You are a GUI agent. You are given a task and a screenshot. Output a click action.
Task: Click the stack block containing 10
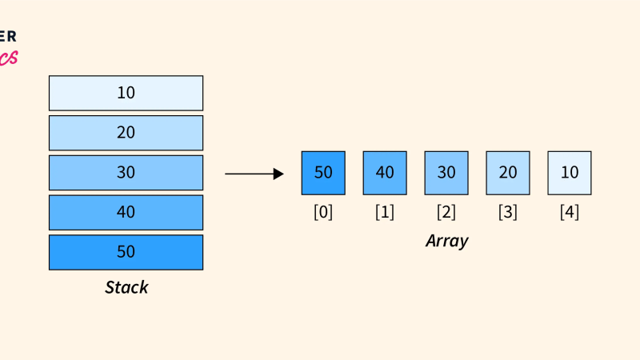click(x=126, y=93)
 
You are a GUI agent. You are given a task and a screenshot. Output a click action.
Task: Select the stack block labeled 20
click(x=126, y=133)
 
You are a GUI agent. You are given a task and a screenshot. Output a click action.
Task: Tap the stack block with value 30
click(x=126, y=173)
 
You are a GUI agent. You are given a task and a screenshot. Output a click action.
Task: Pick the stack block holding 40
click(x=126, y=213)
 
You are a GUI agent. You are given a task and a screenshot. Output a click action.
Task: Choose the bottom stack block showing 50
click(x=126, y=252)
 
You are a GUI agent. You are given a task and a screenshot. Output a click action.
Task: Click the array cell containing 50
click(x=323, y=173)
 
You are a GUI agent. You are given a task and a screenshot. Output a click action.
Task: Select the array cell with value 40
click(x=385, y=173)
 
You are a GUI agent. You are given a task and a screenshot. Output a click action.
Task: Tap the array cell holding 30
click(x=446, y=173)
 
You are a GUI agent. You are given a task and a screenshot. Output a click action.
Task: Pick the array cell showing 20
click(x=508, y=173)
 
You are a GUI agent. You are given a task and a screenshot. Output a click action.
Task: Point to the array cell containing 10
click(x=570, y=173)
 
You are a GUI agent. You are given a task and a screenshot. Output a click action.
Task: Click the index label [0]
click(x=323, y=213)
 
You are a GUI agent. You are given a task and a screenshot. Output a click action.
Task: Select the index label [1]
click(x=385, y=213)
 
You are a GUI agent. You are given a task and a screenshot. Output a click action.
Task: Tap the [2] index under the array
click(x=446, y=213)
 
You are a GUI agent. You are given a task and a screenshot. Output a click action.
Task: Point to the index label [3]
click(x=508, y=213)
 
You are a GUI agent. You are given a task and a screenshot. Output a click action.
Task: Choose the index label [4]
click(x=570, y=213)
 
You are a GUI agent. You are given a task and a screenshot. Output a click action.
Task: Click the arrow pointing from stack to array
click(x=254, y=174)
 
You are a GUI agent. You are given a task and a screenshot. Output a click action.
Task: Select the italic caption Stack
click(x=126, y=287)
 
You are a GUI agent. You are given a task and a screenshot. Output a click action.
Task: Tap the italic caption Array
click(x=446, y=241)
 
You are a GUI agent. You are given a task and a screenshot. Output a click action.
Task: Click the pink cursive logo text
click(x=8, y=58)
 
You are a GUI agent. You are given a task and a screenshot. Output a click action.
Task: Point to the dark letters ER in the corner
click(x=7, y=36)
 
